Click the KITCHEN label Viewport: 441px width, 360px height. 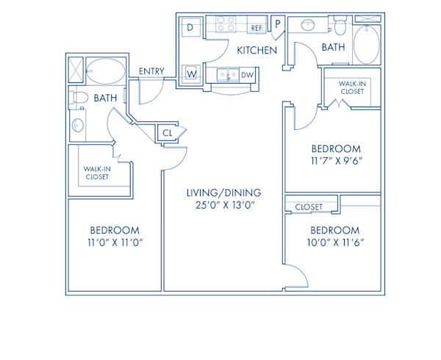pyautogui.click(x=257, y=51)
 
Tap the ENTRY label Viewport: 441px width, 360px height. pyautogui.click(x=151, y=71)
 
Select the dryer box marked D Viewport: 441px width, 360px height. pyautogui.click(x=190, y=27)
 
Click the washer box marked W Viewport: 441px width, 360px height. pyautogui.click(x=190, y=73)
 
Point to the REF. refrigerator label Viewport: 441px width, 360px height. pyautogui.click(x=257, y=28)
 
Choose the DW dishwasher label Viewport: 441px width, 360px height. pyautogui.click(x=247, y=74)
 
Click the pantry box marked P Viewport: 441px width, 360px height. pyautogui.click(x=278, y=24)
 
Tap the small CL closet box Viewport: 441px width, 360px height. pyautogui.click(x=168, y=133)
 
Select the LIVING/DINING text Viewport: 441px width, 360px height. pyautogui.click(x=223, y=192)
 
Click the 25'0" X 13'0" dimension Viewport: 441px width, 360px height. pyautogui.click(x=223, y=208)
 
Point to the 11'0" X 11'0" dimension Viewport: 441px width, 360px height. pyautogui.click(x=113, y=242)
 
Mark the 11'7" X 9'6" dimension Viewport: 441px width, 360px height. pyautogui.click(x=335, y=159)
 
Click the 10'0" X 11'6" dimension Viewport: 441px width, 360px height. pyautogui.click(x=335, y=242)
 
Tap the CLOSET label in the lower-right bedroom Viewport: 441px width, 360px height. pyautogui.click(x=309, y=207)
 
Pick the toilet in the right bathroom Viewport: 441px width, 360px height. pyautogui.click(x=339, y=29)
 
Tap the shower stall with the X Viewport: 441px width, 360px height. pyautogui.click(x=75, y=71)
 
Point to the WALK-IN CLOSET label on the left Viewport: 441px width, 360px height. pyautogui.click(x=97, y=172)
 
